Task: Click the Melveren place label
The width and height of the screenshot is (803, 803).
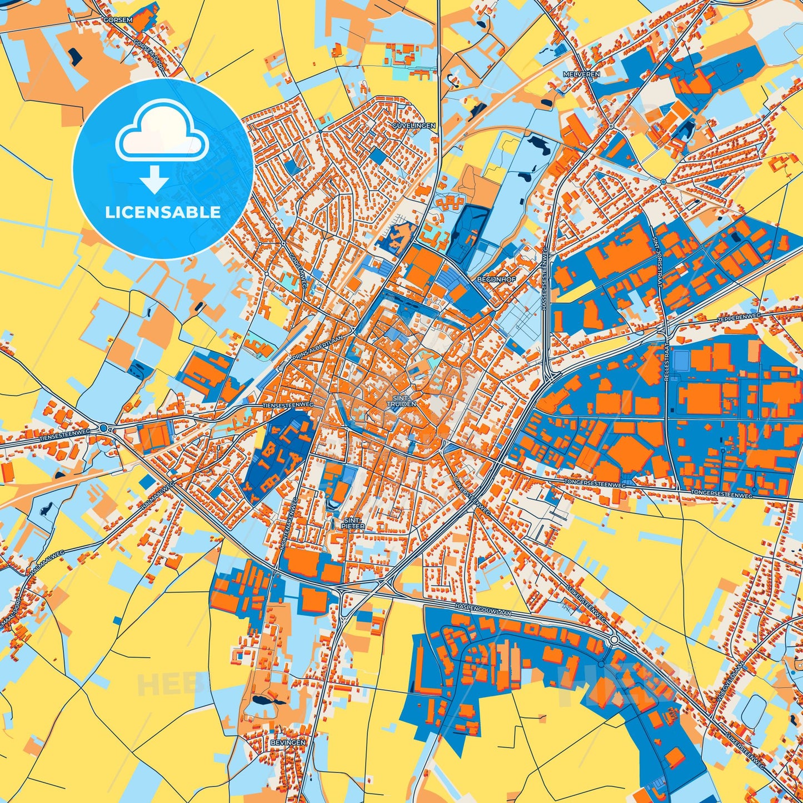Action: point(573,73)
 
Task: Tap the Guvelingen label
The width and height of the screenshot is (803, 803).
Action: point(414,126)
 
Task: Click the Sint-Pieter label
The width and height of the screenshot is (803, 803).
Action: point(353,523)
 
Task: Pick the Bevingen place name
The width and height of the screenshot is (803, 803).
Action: point(288,742)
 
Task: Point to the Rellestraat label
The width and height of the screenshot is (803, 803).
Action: point(668,362)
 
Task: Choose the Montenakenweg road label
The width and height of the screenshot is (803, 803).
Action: point(289,525)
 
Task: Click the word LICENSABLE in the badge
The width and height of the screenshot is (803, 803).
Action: point(163,212)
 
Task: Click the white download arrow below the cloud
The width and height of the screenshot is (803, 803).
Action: point(154,179)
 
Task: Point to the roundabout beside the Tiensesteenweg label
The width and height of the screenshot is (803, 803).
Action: point(104,428)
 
